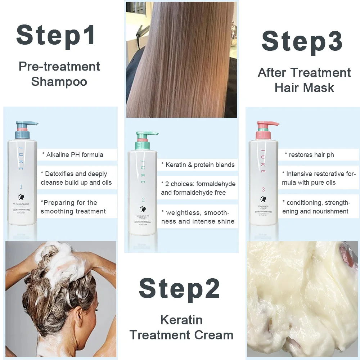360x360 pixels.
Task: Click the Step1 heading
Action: [x=56, y=35]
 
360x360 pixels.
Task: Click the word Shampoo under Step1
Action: [x=59, y=81]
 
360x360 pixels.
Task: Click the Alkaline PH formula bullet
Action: [x=72, y=155]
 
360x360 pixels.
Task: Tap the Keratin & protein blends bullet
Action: [x=198, y=165]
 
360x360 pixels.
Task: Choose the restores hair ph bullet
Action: [x=309, y=155]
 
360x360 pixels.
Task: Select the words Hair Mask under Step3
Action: [x=304, y=87]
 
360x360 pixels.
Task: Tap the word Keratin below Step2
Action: [x=181, y=320]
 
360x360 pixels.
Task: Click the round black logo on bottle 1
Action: [x=21, y=197]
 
